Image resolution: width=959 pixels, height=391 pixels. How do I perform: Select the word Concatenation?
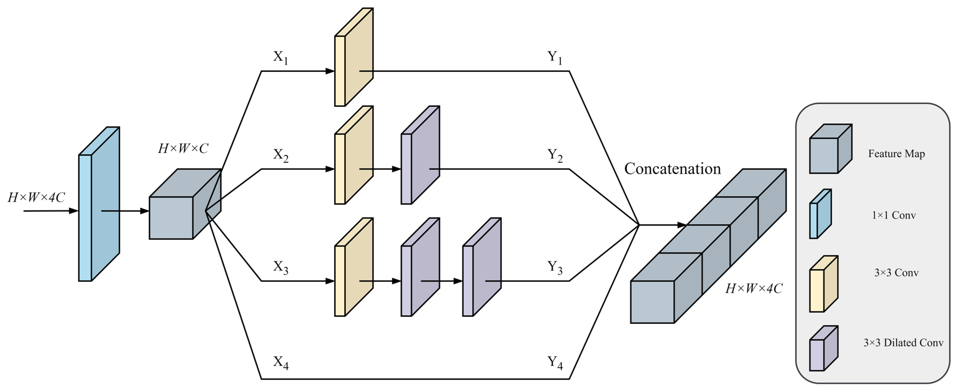coord(672,169)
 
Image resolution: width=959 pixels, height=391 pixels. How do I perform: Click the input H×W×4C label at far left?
coord(36,197)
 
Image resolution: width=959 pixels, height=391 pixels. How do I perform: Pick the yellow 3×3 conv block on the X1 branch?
coord(354,57)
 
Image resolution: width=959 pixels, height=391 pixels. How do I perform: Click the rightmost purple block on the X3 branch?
coord(482,267)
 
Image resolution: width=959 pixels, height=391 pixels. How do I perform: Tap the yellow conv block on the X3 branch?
coord(354,267)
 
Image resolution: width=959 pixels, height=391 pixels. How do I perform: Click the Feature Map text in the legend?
coord(896,154)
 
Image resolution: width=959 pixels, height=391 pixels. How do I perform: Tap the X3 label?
coord(280,267)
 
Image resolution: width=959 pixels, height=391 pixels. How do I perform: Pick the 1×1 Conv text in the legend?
coord(894,215)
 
